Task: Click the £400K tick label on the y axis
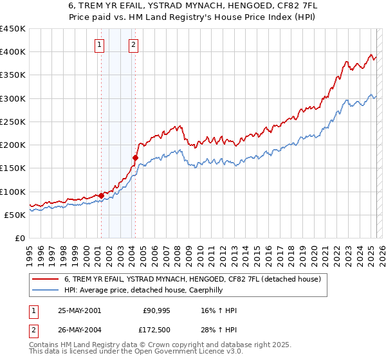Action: point(13,52)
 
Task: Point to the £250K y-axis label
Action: point(13,122)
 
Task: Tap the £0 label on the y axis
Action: point(21,238)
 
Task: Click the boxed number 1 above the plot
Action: point(100,45)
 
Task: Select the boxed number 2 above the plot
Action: point(133,45)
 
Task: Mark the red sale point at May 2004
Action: point(135,157)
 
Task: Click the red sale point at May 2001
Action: point(101,195)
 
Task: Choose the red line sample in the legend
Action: point(46,279)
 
